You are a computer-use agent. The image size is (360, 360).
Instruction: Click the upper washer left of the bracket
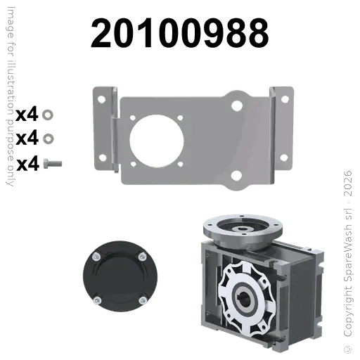[47, 112]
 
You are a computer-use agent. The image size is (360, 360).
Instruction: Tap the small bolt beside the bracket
[53, 162]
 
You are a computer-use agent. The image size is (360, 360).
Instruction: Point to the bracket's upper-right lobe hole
[236, 105]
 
